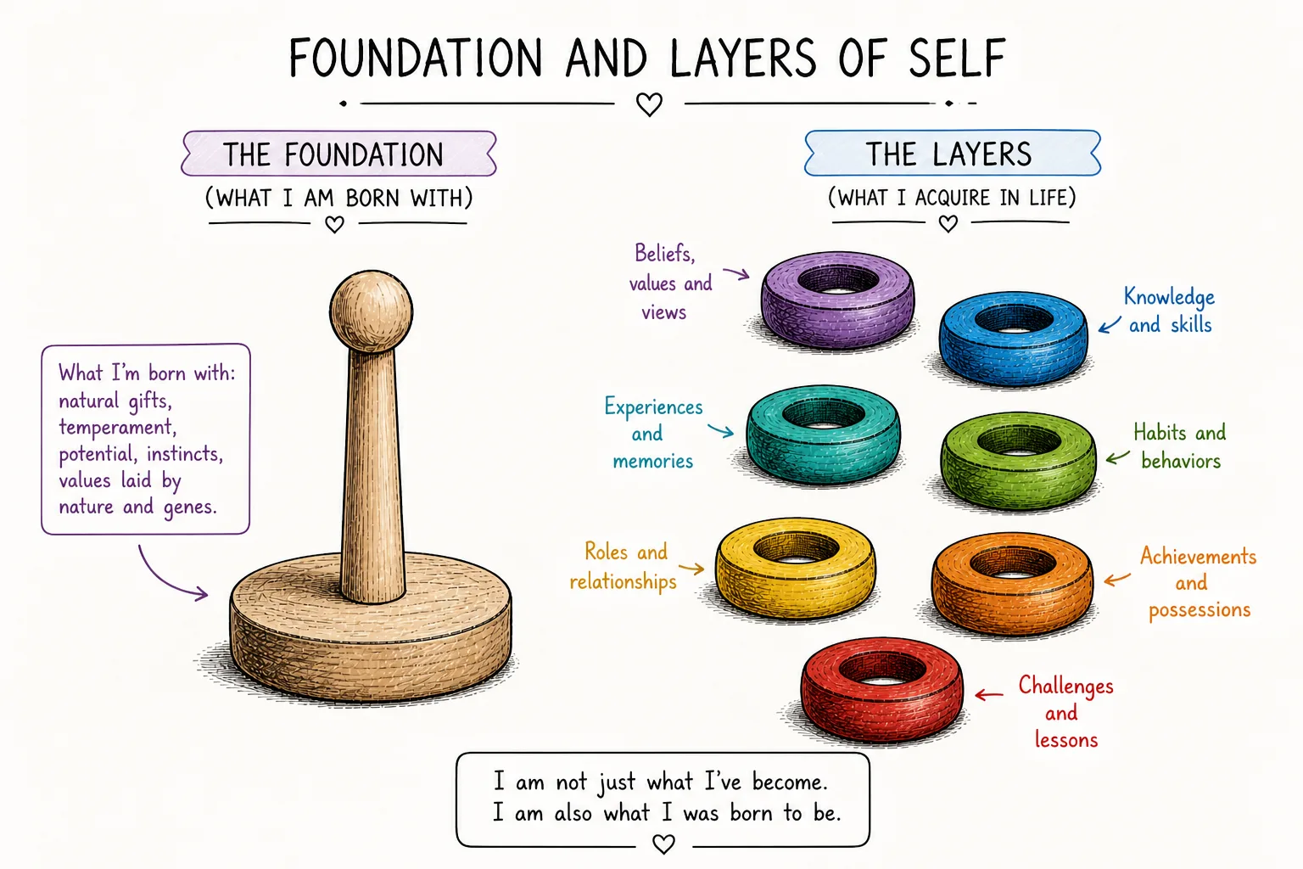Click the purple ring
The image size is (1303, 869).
pos(837,326)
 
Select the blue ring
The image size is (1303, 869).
pos(1014,361)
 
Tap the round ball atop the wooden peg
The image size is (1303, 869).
pos(371,311)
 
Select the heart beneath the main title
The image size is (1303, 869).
pos(649,104)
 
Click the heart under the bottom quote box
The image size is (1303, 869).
pos(663,844)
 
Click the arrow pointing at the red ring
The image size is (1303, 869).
pos(989,694)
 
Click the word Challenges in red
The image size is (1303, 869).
pos(1065,687)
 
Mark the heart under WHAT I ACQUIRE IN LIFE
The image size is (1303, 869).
pos(948,223)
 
